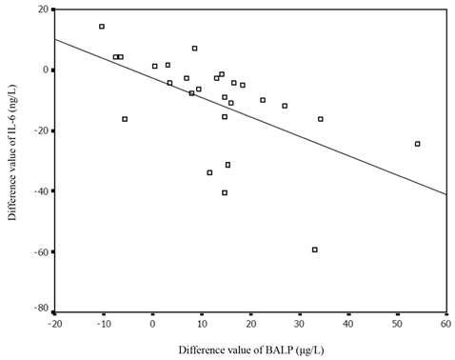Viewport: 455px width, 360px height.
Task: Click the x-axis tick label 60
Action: tap(445, 323)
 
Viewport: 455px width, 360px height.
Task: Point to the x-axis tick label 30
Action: tap(299, 323)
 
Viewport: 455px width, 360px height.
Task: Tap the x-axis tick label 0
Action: tap(152, 323)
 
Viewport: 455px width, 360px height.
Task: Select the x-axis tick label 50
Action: tap(397, 323)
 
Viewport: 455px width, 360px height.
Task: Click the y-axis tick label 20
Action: tap(41, 10)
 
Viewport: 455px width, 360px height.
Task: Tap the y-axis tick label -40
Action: tap(39, 190)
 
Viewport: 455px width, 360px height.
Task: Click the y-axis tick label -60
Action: tap(39, 251)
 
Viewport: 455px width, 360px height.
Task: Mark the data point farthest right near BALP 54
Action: tap(417, 144)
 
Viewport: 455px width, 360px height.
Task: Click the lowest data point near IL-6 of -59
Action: tap(315, 250)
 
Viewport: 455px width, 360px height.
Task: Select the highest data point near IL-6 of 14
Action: tap(102, 27)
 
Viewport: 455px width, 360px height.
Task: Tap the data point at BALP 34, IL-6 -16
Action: tap(320, 119)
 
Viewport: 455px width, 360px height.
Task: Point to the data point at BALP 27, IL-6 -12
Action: tap(285, 106)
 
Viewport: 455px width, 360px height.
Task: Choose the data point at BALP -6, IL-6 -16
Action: tap(125, 119)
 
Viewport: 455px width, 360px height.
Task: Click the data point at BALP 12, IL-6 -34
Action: tap(209, 172)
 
